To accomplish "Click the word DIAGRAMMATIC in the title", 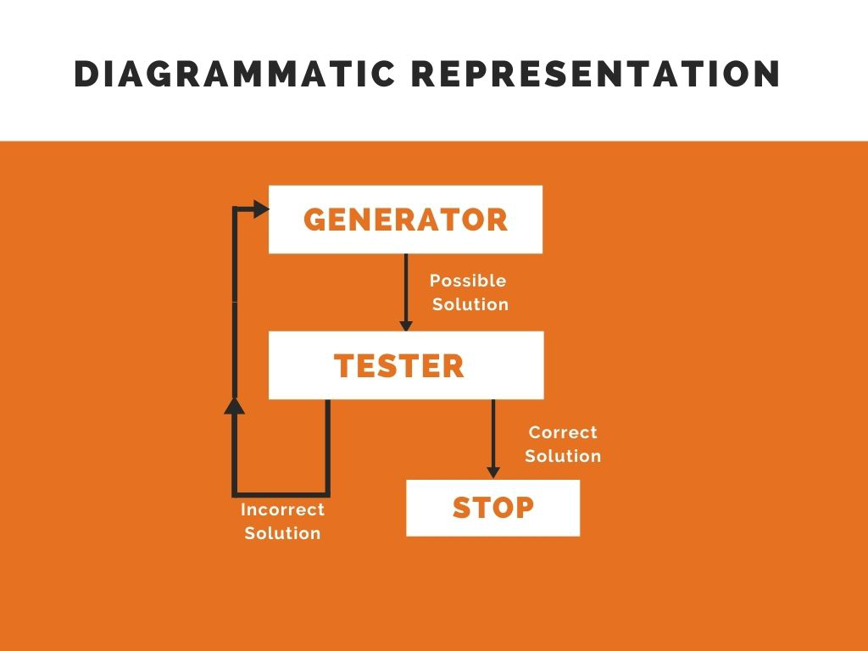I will tap(235, 75).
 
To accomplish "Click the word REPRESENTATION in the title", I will tap(596, 75).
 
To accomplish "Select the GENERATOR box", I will tap(405, 220).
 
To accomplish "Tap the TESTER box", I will tap(405, 365).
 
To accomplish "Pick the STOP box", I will tap(492, 508).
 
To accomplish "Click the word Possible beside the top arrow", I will tap(468, 281).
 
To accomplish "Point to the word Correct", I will tap(563, 432).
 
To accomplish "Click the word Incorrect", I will tap(282, 509).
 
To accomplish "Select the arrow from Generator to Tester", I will tap(406, 288).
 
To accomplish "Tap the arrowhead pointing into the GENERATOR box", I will tap(260, 211).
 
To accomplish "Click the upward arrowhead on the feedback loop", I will tap(236, 405).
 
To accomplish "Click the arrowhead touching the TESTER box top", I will tap(406, 325).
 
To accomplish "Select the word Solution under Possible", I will tap(470, 304).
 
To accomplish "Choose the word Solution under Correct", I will tap(563, 456).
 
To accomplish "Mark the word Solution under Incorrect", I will tap(282, 533).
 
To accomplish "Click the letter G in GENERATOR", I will tap(315, 220).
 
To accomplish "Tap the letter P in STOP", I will tap(522, 508).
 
